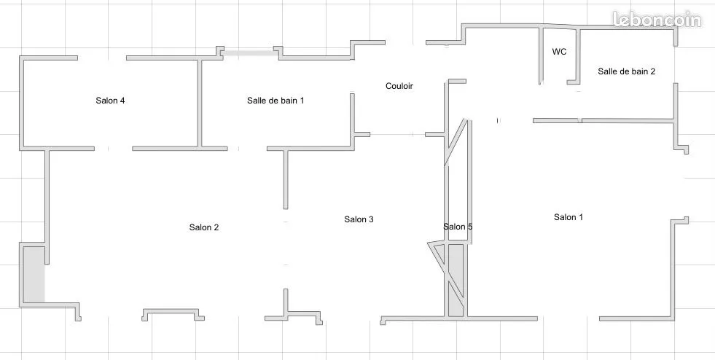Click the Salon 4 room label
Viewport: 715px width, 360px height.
[110, 101]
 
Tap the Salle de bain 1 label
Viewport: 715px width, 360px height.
[276, 101]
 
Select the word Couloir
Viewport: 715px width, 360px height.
[399, 86]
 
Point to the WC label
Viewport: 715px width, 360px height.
[560, 52]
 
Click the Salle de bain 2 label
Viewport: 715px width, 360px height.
[627, 71]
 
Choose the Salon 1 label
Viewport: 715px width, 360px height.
[569, 217]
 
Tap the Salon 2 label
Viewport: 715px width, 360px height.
[204, 227]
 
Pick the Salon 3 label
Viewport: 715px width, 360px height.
[359, 219]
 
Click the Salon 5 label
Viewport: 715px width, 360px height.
[458, 227]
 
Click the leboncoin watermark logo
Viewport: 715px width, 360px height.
[657, 20]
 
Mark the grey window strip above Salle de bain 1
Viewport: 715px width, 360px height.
[249, 53]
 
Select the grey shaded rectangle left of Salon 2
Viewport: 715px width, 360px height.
[34, 274]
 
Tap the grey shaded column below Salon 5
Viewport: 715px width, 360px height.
[456, 281]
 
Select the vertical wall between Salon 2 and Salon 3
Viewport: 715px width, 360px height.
[286, 179]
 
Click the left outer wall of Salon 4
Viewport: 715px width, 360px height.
[21, 103]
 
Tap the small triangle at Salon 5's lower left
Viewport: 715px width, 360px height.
[437, 252]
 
